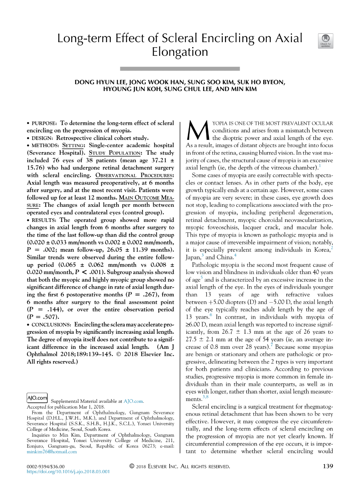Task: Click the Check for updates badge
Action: click(325, 41)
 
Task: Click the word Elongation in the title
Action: click(180, 52)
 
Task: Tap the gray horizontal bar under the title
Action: click(180, 68)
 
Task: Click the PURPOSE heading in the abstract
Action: click(44, 123)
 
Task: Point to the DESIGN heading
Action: click(42, 138)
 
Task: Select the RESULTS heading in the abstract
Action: click(44, 220)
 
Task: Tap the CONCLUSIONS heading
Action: click(51, 324)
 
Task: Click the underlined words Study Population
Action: click(115, 153)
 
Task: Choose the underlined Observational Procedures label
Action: click(134, 175)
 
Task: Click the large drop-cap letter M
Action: click(198, 131)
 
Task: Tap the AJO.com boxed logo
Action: click(37, 398)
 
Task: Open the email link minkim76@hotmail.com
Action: click(51, 452)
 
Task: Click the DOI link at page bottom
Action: click(68, 471)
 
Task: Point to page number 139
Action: click(328, 466)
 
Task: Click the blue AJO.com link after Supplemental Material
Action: click(133, 401)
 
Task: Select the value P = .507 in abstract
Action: click(43, 317)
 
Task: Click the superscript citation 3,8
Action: click(205, 397)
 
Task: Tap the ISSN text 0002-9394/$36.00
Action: click(46, 466)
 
